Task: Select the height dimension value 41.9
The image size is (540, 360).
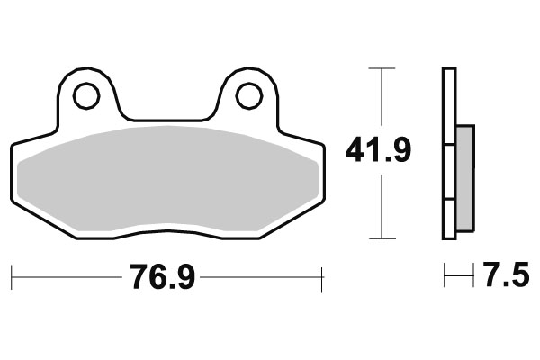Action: [378, 151]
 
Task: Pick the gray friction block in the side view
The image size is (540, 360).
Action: [465, 177]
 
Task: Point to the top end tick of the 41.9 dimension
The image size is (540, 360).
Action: [382, 68]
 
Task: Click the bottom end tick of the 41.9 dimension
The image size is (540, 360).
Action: [382, 238]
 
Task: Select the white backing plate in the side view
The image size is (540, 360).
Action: [448, 153]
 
